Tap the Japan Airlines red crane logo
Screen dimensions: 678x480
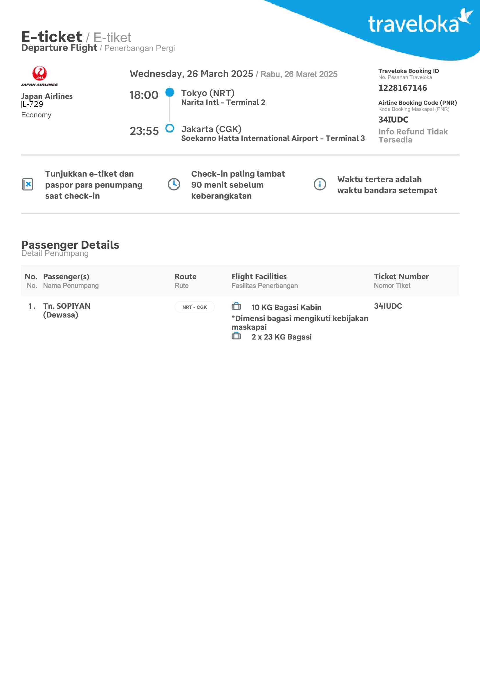(x=39, y=73)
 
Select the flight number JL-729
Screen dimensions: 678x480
(x=32, y=104)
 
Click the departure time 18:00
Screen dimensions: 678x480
(x=144, y=95)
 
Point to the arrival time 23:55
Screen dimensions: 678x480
(x=144, y=131)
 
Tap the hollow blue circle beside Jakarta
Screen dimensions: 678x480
(x=170, y=128)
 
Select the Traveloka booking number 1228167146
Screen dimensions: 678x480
(x=403, y=88)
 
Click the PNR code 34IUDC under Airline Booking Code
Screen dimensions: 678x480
(x=394, y=120)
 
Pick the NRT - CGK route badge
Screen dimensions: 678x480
(x=194, y=307)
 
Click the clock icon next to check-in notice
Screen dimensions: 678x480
(x=174, y=184)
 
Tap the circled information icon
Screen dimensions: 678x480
(x=320, y=184)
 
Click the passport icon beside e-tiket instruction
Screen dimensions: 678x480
(x=28, y=184)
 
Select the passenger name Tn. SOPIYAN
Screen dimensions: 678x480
(x=67, y=306)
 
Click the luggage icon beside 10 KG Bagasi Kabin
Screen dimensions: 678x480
(x=236, y=306)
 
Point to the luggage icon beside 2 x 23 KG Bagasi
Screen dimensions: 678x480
(x=236, y=336)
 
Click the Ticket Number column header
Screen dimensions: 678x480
(x=401, y=277)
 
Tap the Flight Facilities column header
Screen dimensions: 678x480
(x=259, y=277)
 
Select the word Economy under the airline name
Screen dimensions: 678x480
(x=36, y=115)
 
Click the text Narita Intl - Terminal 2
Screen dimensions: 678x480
(x=223, y=102)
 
